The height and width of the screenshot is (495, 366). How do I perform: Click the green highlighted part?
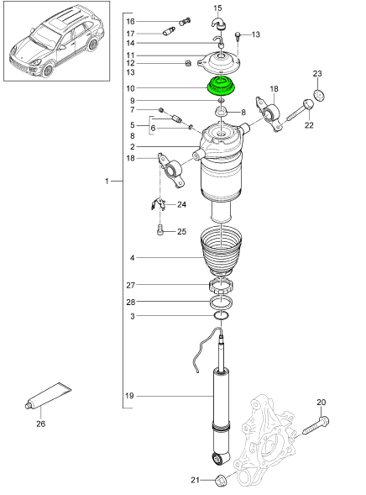(222, 87)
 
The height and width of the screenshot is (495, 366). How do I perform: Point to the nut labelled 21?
(222, 481)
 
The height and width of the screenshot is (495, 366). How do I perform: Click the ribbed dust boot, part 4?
(222, 255)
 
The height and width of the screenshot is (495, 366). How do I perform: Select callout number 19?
(130, 395)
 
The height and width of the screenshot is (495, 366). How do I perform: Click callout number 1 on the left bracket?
(106, 181)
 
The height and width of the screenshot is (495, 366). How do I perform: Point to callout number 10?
(130, 87)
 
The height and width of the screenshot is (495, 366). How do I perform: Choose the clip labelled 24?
(157, 204)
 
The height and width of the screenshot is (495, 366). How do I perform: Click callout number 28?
(130, 302)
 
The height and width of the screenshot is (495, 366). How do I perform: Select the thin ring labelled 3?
(222, 316)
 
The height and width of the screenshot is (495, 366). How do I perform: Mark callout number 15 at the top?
(217, 9)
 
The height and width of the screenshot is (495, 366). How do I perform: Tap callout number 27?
(130, 285)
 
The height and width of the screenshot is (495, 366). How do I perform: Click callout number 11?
(130, 55)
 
